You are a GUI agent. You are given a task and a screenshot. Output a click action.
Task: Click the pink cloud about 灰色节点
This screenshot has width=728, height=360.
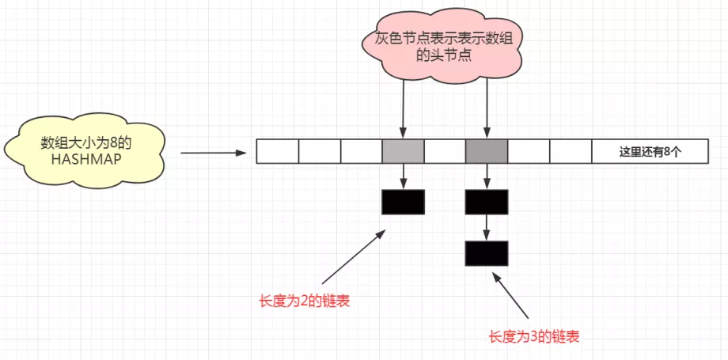tap(443, 47)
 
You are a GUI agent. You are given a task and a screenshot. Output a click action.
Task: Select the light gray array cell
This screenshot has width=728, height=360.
tap(403, 150)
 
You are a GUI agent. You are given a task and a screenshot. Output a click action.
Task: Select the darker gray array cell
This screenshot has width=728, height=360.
tap(487, 150)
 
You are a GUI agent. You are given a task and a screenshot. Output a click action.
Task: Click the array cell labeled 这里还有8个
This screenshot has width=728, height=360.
tap(649, 150)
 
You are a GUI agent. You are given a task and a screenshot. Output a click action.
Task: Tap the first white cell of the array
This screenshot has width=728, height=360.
tap(277, 150)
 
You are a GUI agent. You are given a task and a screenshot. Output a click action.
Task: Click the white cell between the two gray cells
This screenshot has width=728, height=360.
tap(445, 150)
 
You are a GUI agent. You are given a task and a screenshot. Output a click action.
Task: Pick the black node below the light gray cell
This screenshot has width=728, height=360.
tap(403, 202)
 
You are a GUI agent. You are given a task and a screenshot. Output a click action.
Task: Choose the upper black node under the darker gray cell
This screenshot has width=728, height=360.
tap(487, 202)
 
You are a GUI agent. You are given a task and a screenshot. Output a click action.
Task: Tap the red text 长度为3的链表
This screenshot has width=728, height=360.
tap(534, 336)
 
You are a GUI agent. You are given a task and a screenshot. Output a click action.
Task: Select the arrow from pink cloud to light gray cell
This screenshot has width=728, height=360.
tap(403, 107)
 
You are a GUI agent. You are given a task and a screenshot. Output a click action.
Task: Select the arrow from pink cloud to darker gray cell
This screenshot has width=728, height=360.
tap(487, 107)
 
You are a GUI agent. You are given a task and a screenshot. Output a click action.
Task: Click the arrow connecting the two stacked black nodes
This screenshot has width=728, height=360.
tap(487, 227)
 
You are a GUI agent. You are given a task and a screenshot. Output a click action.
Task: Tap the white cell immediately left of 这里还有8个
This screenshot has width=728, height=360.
tap(571, 150)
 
